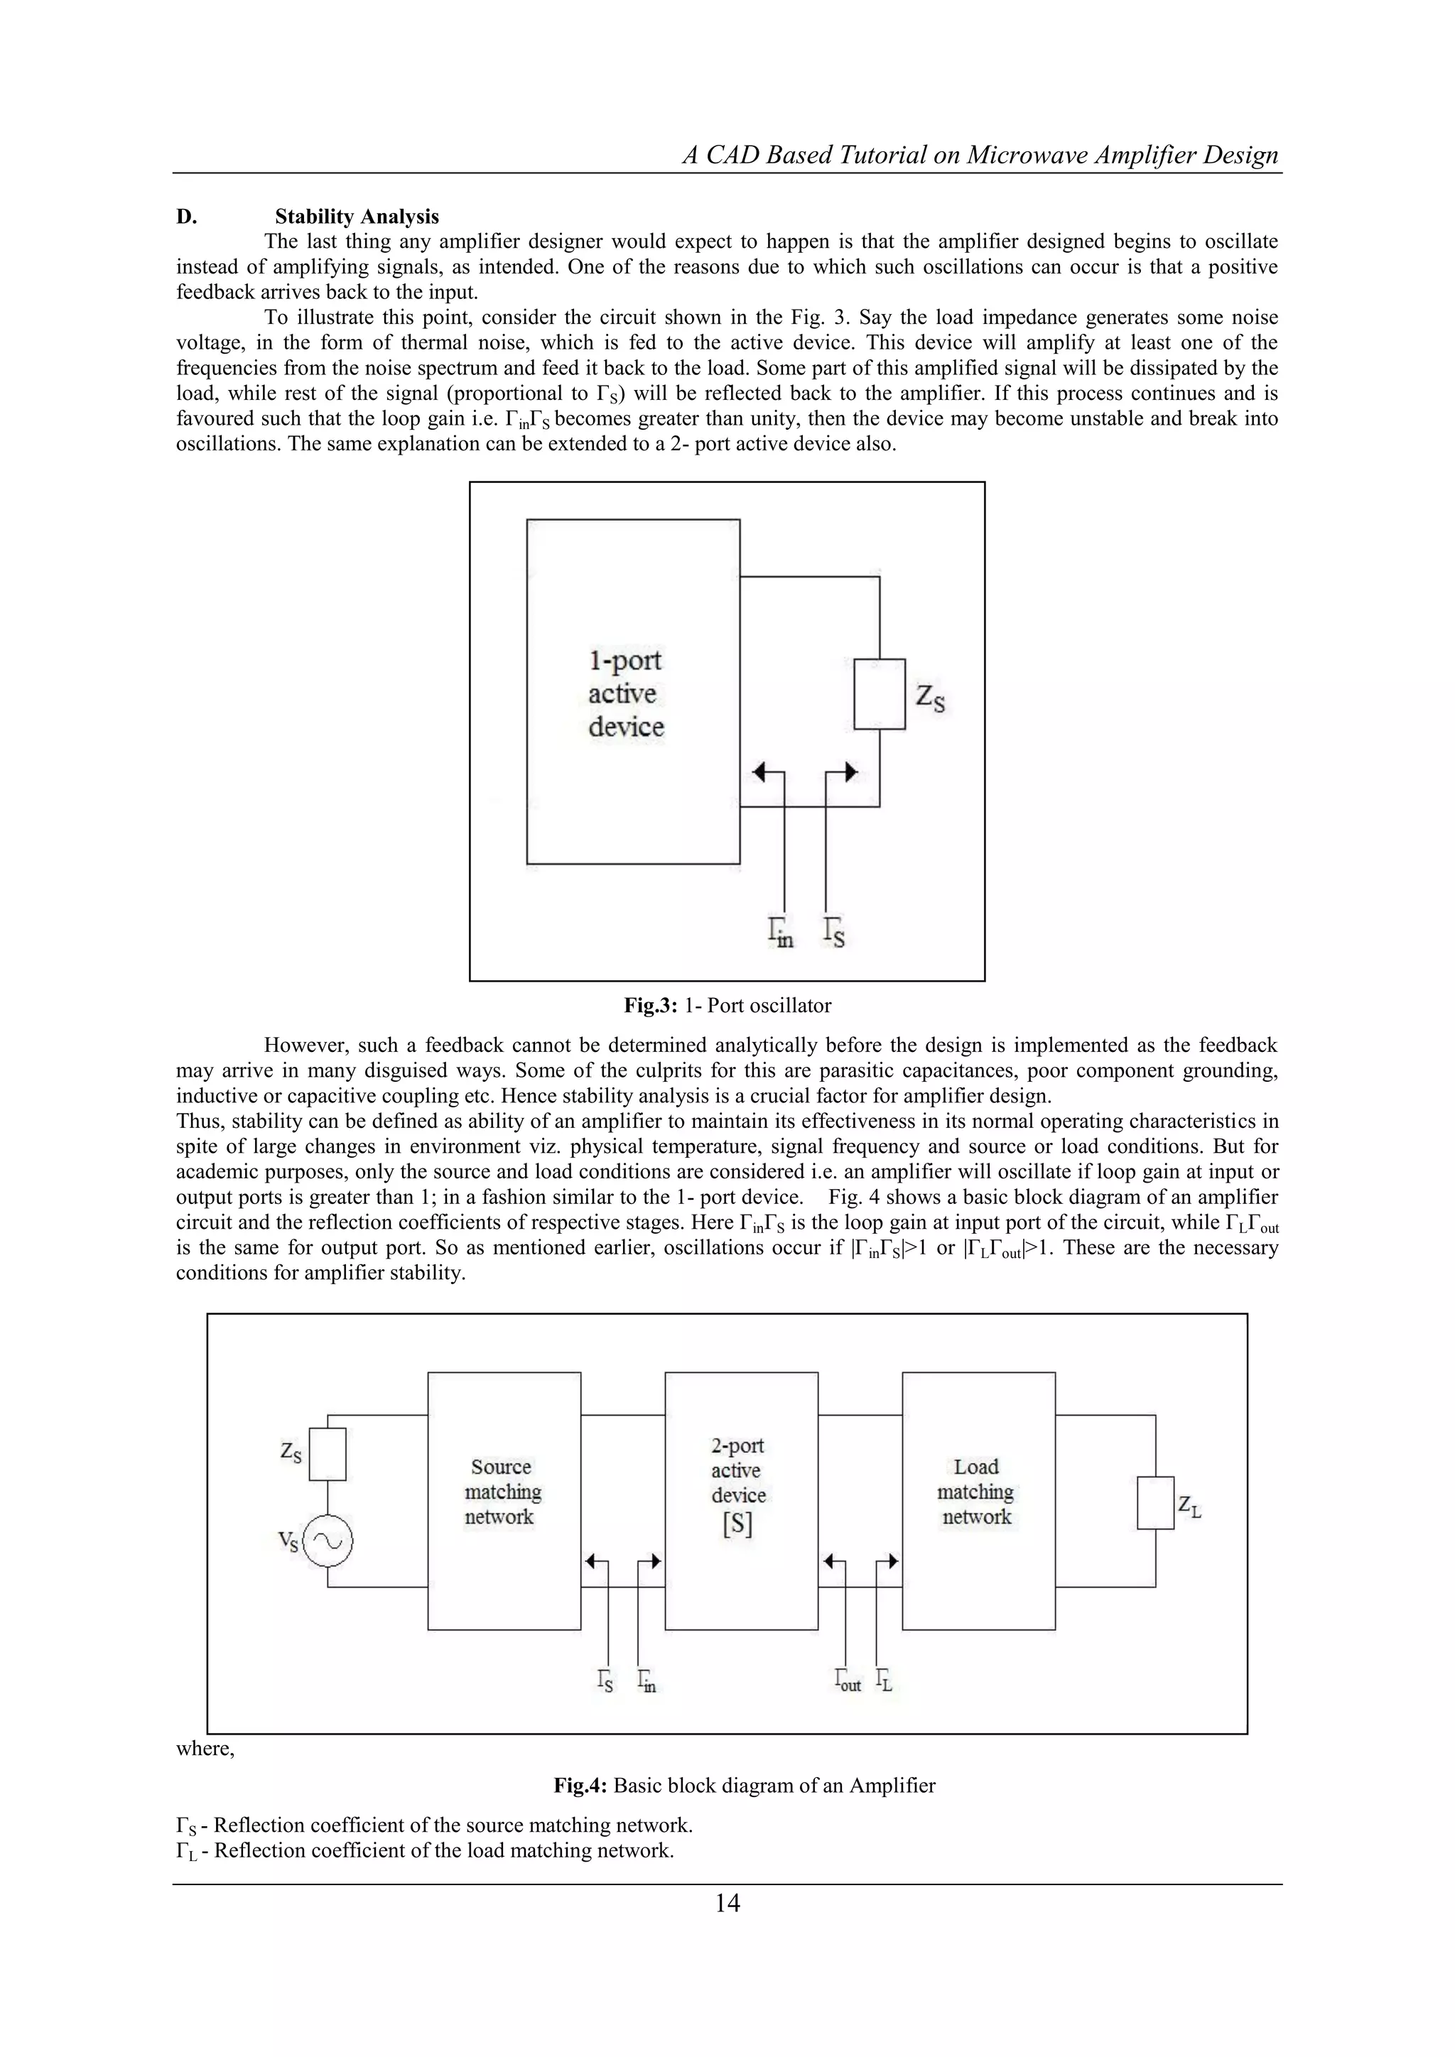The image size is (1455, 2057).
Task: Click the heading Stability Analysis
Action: tap(357, 217)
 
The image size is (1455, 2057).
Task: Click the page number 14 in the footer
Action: tap(727, 1903)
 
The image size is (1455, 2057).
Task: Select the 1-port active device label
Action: tap(625, 693)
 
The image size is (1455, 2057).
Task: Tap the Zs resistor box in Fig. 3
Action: tap(879, 695)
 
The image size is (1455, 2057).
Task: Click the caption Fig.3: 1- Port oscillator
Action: tap(727, 1005)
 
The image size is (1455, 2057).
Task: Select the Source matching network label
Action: tap(502, 1492)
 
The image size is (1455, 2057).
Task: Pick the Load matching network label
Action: tap(975, 1492)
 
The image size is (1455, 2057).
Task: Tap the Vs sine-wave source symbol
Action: tap(327, 1541)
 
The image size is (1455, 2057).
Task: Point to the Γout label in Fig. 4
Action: tap(847, 1681)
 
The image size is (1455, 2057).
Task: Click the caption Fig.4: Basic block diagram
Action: tap(744, 1786)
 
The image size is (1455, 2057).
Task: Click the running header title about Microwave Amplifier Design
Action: tap(980, 155)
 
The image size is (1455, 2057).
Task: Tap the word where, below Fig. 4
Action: tap(205, 1748)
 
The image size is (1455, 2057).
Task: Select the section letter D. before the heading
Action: tap(186, 217)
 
